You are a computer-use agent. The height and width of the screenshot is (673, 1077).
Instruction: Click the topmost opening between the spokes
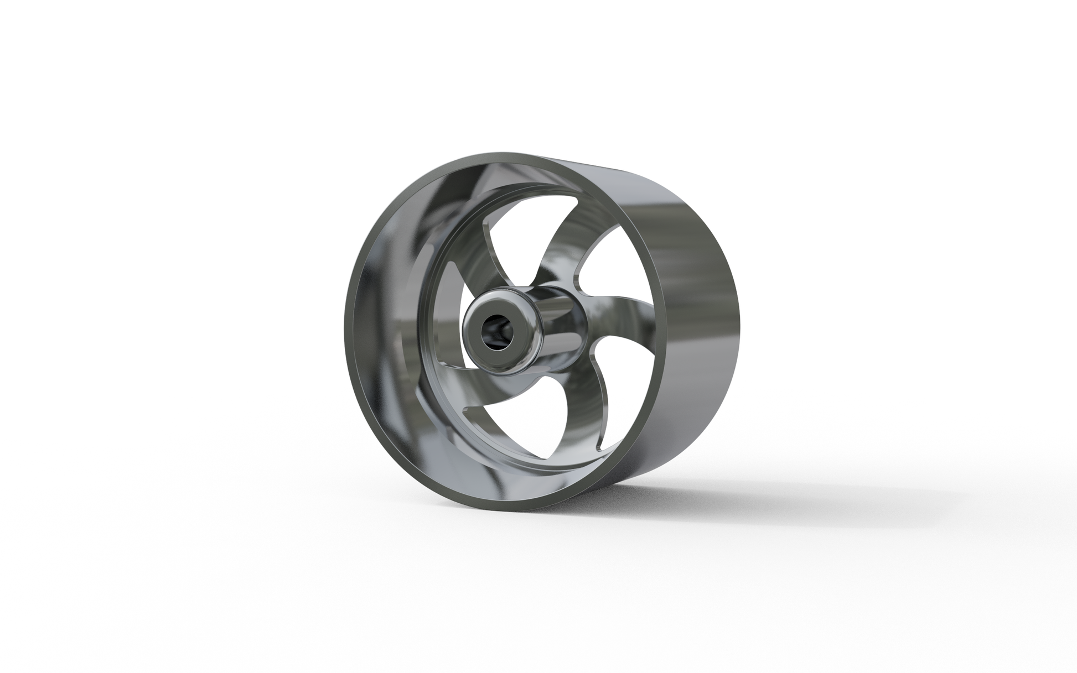coord(520,232)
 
